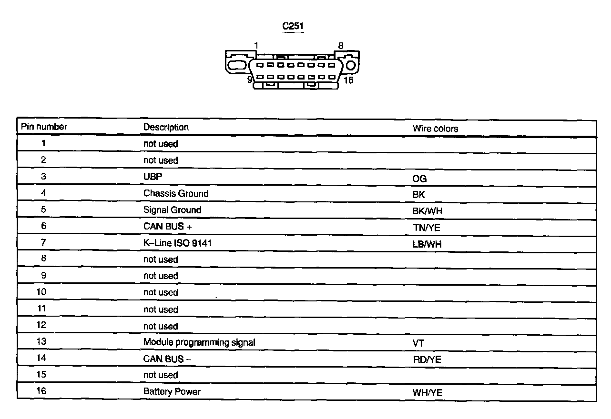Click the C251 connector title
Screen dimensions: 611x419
tap(293, 26)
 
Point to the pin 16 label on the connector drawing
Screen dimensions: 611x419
tap(348, 80)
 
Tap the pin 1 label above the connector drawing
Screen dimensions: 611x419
tap(256, 46)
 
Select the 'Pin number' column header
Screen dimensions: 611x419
tap(44, 127)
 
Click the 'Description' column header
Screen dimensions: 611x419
tap(166, 127)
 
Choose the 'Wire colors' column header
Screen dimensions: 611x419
tap(435, 129)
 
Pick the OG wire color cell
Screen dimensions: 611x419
tap(419, 179)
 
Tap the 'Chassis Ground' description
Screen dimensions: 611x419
tap(176, 193)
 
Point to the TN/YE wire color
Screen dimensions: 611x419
tap(427, 228)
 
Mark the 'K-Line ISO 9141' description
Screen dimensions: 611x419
tap(178, 243)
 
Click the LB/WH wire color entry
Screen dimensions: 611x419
tap(427, 244)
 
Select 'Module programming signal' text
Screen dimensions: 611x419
tap(199, 342)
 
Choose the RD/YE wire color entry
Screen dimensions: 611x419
tap(427, 359)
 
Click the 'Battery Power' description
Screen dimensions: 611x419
tap(172, 391)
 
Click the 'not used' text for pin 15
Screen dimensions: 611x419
tap(161, 375)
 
